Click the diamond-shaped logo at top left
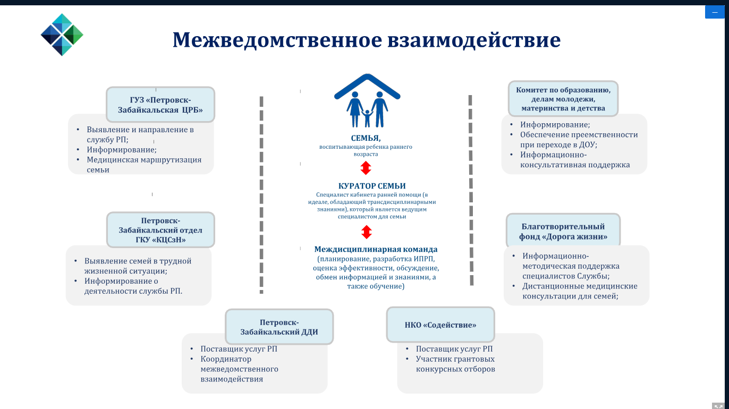pos(62,35)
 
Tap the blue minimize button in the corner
pos(715,12)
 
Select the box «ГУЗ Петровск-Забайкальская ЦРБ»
pos(160,105)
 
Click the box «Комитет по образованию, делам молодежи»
pos(563,99)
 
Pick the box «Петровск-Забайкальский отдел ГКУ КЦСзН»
pos(160,229)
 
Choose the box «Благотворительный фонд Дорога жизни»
pos(563,231)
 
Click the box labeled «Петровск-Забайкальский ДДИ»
pos(279,327)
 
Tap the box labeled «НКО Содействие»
pos(440,325)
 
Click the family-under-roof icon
pos(367,100)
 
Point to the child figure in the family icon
pos(367,118)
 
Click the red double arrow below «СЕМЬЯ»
pos(366,168)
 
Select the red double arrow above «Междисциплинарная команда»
pos(367,232)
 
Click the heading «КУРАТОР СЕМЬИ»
pos(372,186)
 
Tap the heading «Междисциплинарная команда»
pos(376,249)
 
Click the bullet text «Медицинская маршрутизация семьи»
pos(144,165)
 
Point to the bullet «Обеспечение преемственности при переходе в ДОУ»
pos(579,140)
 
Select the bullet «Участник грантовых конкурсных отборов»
pos(455,364)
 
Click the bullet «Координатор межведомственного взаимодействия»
pos(239,369)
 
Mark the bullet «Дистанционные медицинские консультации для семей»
pos(580,291)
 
